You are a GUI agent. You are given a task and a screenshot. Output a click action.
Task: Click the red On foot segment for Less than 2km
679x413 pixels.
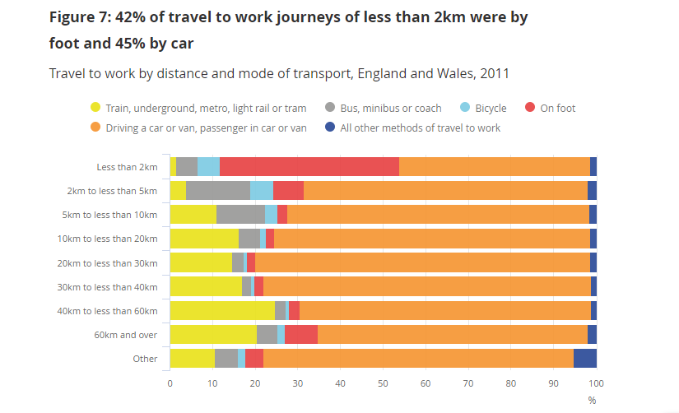tap(309, 166)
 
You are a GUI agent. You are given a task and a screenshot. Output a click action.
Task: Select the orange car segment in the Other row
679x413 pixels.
tap(418, 359)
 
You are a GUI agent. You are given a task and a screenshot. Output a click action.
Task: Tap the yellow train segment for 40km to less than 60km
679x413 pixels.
tap(221, 310)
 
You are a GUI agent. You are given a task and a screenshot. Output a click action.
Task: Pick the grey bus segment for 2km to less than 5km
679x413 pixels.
tap(218, 190)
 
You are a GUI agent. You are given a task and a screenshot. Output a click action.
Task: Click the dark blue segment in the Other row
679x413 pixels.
tap(584, 359)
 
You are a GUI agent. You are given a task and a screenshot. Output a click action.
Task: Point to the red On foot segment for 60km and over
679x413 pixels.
tap(301, 334)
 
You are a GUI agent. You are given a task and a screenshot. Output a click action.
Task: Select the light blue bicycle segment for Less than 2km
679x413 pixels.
tap(208, 166)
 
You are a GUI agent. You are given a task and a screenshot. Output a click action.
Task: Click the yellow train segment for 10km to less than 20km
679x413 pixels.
tap(204, 239)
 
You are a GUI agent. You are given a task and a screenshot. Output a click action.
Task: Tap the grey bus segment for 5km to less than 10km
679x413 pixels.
tap(240, 214)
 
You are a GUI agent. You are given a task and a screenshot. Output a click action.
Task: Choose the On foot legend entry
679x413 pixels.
tap(557, 108)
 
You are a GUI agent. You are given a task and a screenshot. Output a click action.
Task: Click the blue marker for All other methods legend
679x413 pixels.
tap(329, 128)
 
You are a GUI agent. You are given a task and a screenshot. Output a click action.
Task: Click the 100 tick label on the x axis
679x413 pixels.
tap(596, 383)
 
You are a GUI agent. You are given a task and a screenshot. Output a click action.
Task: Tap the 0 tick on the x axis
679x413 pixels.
tap(170, 383)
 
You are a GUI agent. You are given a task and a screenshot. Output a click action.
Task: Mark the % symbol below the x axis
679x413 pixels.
tap(591, 401)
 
